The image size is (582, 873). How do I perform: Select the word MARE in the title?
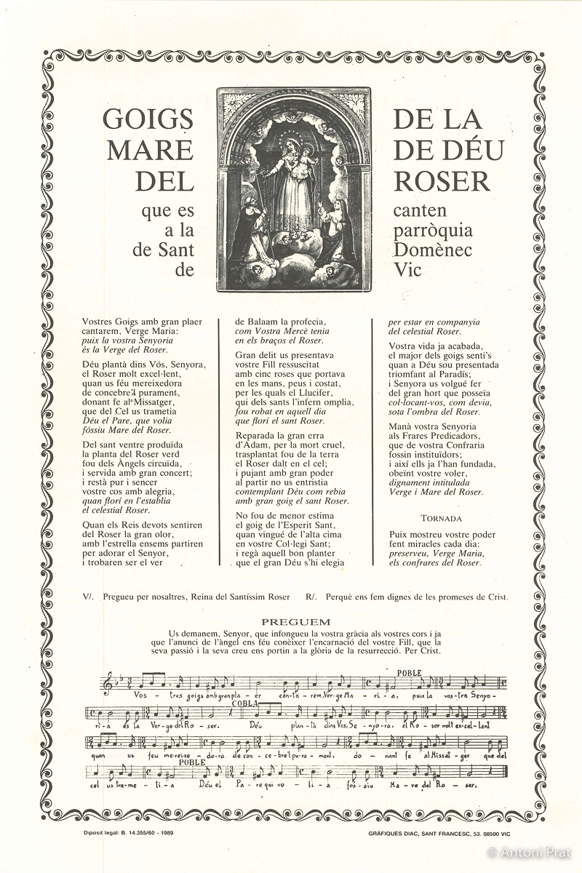pos(151,150)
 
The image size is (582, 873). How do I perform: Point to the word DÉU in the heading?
pos(471,150)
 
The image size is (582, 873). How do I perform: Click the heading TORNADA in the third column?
pos(442,519)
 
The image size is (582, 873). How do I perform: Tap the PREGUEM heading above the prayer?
pos(295,622)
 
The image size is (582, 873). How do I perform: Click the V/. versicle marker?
pos(88,597)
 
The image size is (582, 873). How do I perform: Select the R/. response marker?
pos(311,597)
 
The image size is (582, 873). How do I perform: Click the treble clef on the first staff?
pos(109,683)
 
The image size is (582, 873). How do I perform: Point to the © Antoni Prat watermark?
pos(530,852)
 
